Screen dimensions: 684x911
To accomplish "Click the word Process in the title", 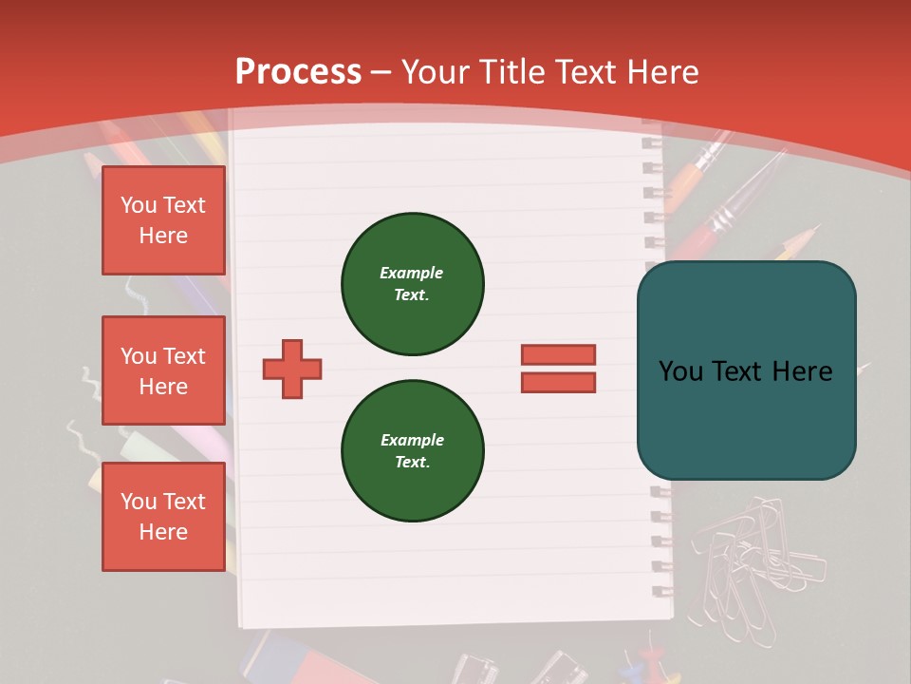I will (298, 71).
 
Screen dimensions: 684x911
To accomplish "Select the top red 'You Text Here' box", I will (163, 220).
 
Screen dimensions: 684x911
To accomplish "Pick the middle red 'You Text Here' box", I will (163, 370).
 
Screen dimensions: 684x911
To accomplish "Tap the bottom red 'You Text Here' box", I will (163, 517).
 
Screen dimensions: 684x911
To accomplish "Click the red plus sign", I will (292, 369).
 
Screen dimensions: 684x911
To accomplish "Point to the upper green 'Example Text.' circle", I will (413, 283).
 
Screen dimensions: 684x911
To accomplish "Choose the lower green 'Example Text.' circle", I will (413, 450).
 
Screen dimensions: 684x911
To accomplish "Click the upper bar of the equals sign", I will (558, 354).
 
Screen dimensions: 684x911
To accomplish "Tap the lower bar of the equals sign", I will (558, 382).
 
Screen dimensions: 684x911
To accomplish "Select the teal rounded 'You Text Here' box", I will (746, 370).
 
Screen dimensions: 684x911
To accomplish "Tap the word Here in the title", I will (662, 71).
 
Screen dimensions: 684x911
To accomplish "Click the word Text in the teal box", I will (745, 370).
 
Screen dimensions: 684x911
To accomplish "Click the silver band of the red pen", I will (724, 220).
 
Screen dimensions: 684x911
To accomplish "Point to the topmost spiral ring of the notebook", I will (652, 142).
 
